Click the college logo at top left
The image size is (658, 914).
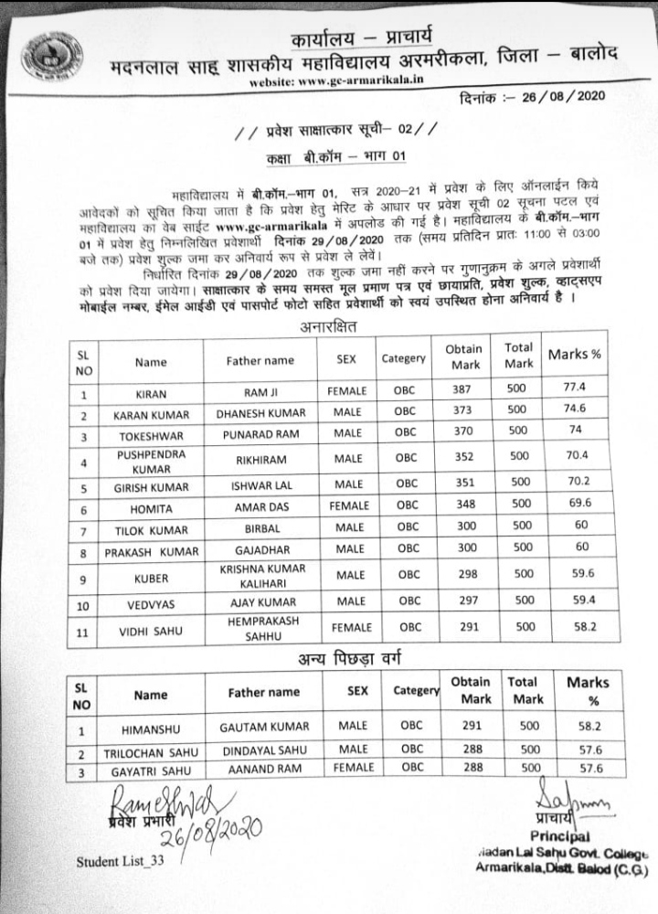(x=52, y=55)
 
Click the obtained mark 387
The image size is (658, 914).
(x=465, y=390)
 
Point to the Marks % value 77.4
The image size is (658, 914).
(x=575, y=388)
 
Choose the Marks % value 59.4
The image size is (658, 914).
(x=575, y=601)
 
